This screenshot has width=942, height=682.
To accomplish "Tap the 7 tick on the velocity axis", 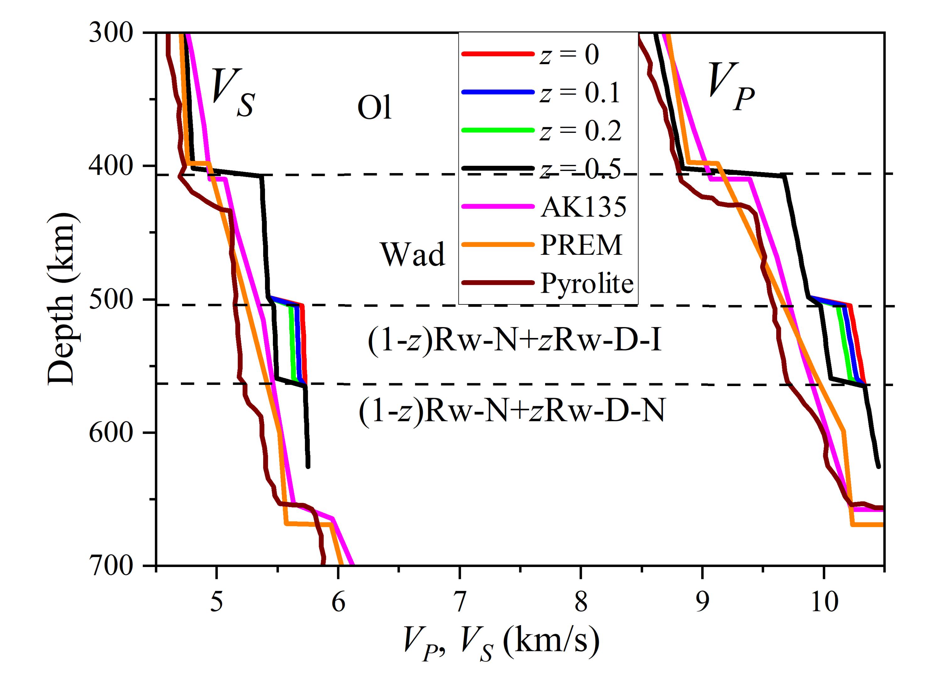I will (459, 603).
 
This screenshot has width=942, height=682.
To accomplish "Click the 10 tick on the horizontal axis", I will (823, 603).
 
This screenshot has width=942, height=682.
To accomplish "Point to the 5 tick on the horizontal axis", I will (216, 603).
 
